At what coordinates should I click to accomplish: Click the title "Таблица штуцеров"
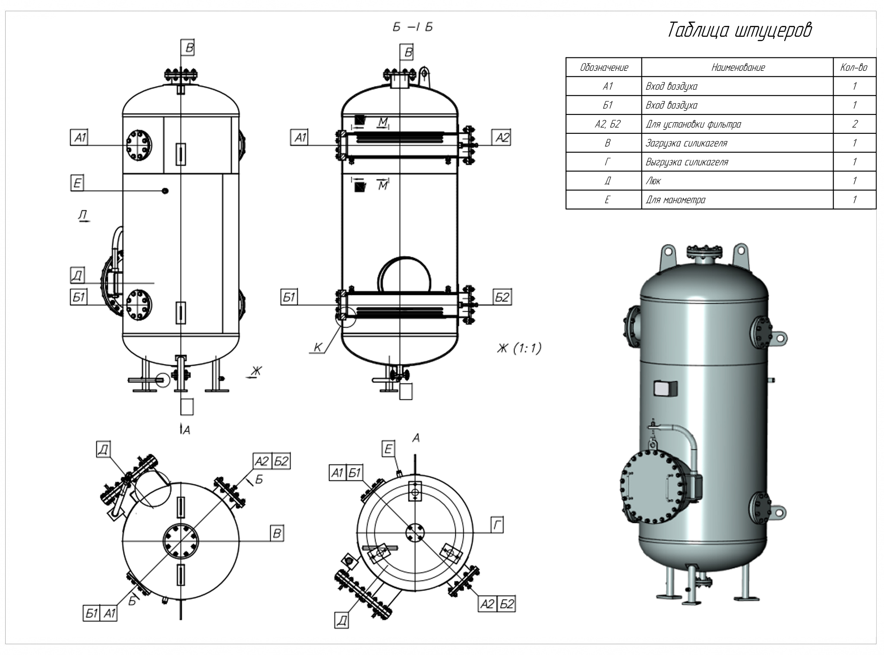click(x=739, y=30)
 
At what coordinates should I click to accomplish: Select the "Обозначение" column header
click(x=604, y=67)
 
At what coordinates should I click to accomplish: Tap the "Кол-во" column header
click(x=854, y=67)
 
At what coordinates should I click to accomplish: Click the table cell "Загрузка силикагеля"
click(x=686, y=143)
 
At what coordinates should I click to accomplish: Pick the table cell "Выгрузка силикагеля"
click(x=687, y=162)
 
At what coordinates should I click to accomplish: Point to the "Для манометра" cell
click(x=676, y=200)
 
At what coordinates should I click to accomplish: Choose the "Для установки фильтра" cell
click(x=693, y=124)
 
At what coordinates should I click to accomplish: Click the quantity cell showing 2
click(x=855, y=124)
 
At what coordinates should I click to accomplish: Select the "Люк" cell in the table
click(x=653, y=181)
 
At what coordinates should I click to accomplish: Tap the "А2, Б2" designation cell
click(x=607, y=124)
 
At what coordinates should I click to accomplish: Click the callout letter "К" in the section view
click(x=318, y=347)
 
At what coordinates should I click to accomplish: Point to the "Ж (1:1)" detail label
click(x=519, y=348)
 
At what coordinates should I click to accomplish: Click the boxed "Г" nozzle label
click(x=497, y=525)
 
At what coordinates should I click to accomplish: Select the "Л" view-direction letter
click(x=82, y=215)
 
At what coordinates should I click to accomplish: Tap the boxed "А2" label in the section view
click(x=502, y=138)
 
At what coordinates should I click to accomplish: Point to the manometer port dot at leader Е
click(x=165, y=191)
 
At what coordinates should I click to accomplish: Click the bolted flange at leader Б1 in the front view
click(x=139, y=305)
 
